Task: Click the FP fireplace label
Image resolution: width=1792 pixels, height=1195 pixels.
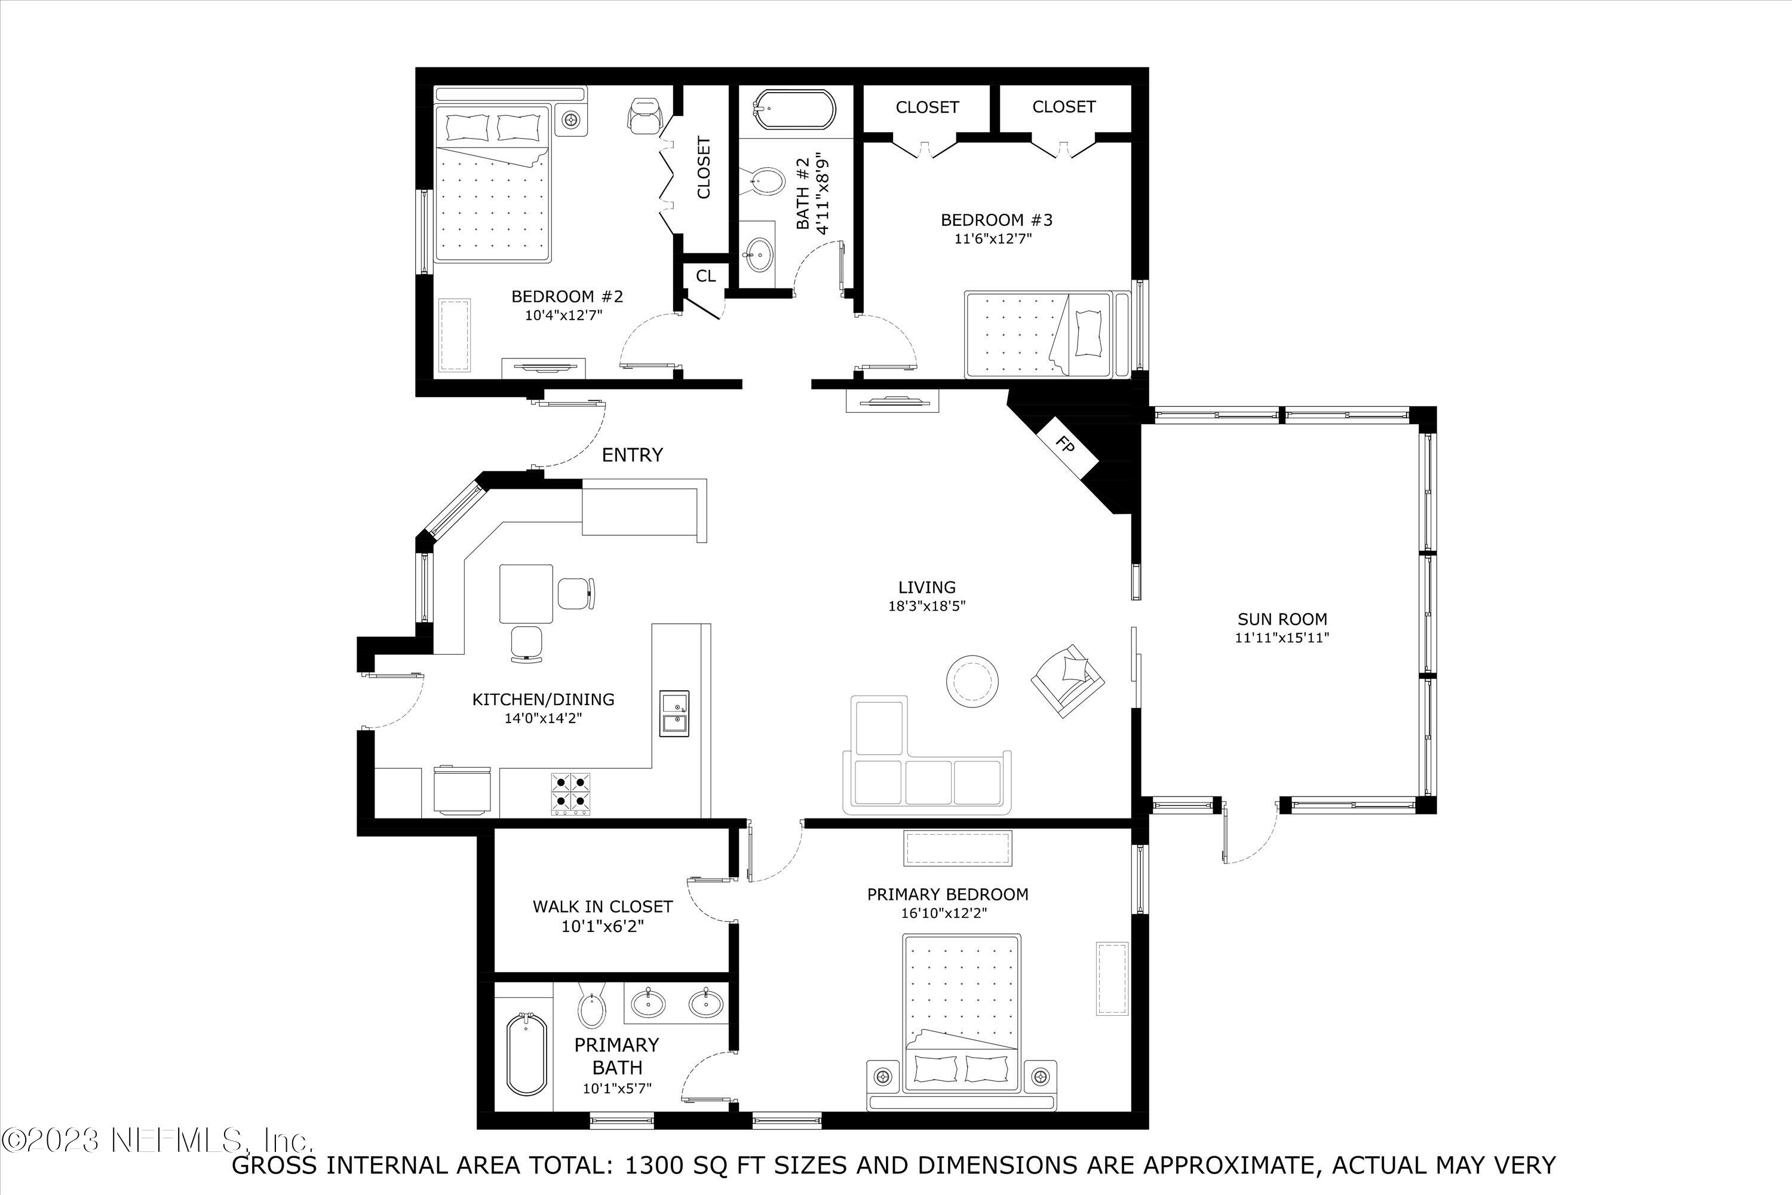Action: (x=1066, y=445)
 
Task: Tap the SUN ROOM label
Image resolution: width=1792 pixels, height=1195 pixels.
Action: (x=1282, y=619)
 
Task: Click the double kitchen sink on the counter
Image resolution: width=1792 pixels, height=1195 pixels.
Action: (x=674, y=713)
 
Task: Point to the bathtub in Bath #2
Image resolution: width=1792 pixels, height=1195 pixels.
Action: (x=793, y=111)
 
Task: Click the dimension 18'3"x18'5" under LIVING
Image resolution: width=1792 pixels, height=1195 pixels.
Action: (x=926, y=606)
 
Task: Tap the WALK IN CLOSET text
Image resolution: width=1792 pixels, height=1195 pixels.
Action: (x=602, y=906)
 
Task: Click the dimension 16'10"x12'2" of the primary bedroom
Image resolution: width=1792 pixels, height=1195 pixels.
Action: (x=947, y=913)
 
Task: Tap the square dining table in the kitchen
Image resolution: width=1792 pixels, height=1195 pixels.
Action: (x=526, y=594)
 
